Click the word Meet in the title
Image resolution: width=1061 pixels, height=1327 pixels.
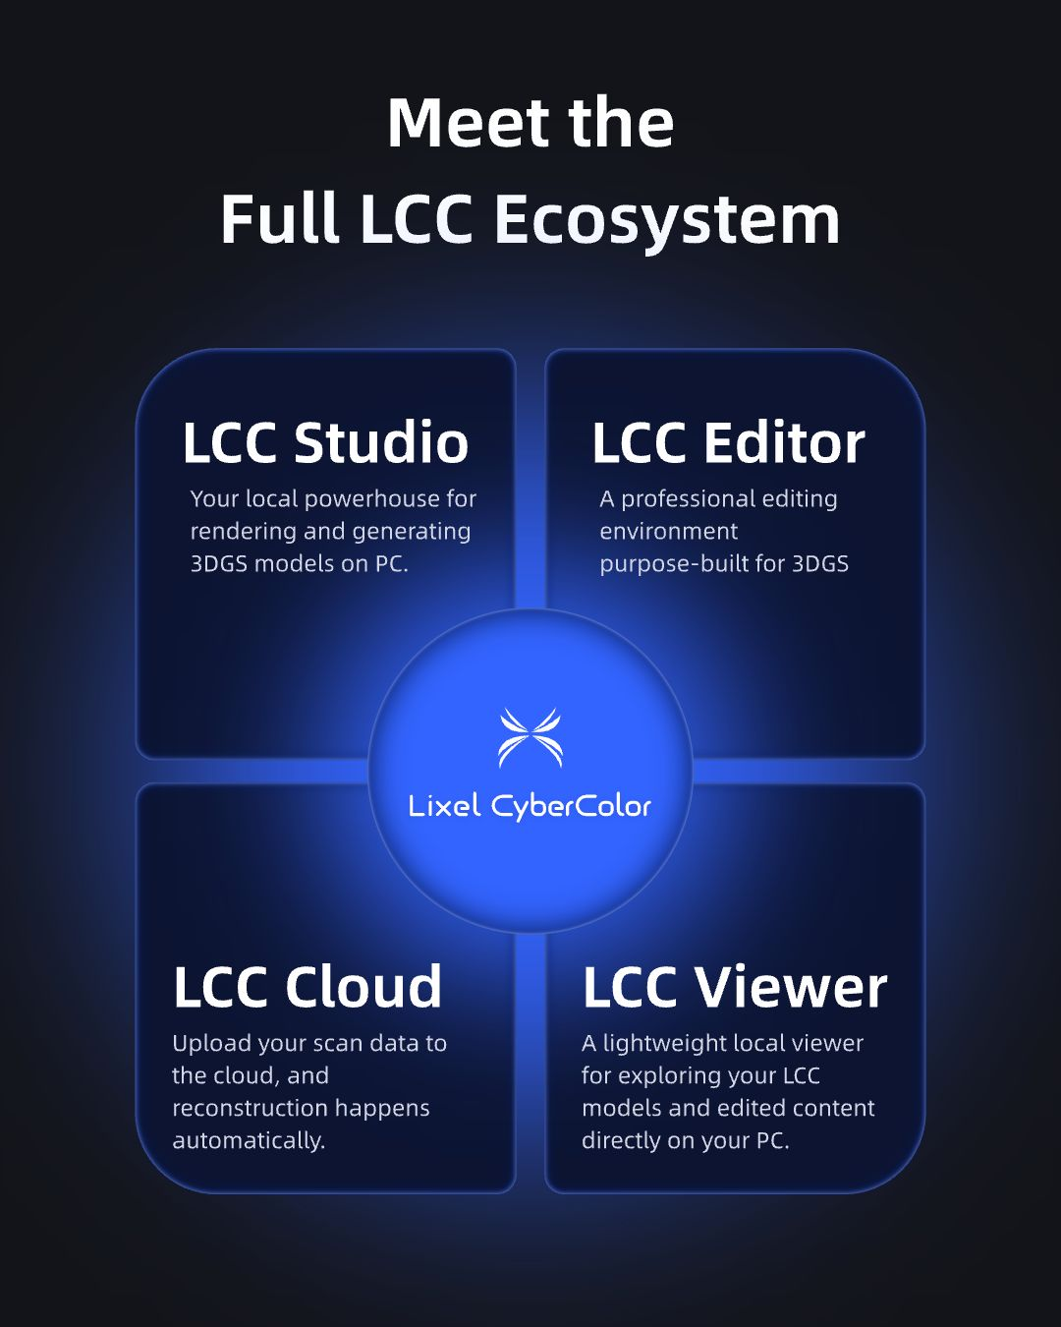coord(469,123)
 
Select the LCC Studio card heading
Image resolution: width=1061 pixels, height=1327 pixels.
coord(325,442)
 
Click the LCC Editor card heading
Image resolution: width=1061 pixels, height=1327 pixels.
coord(729,442)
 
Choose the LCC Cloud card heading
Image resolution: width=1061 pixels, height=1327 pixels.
coord(307,987)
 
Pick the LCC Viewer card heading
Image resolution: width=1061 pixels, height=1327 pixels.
coord(735,987)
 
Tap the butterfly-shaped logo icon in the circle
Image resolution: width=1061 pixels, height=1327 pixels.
coord(530,737)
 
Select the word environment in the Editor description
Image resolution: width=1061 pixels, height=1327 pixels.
coord(668,532)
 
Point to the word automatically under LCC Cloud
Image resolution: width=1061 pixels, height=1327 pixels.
coord(249,1141)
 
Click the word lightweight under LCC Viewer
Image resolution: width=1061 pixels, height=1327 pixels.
coord(664,1044)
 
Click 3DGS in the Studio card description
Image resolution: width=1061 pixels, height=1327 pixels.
coord(219,564)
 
